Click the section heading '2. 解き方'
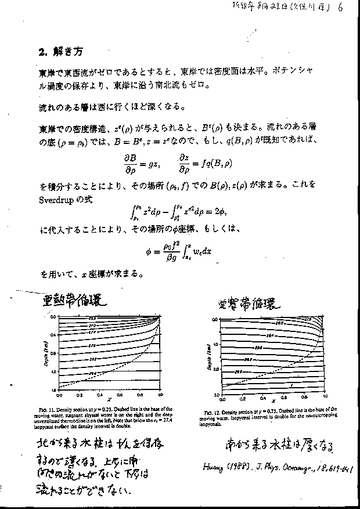coord(57,52)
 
